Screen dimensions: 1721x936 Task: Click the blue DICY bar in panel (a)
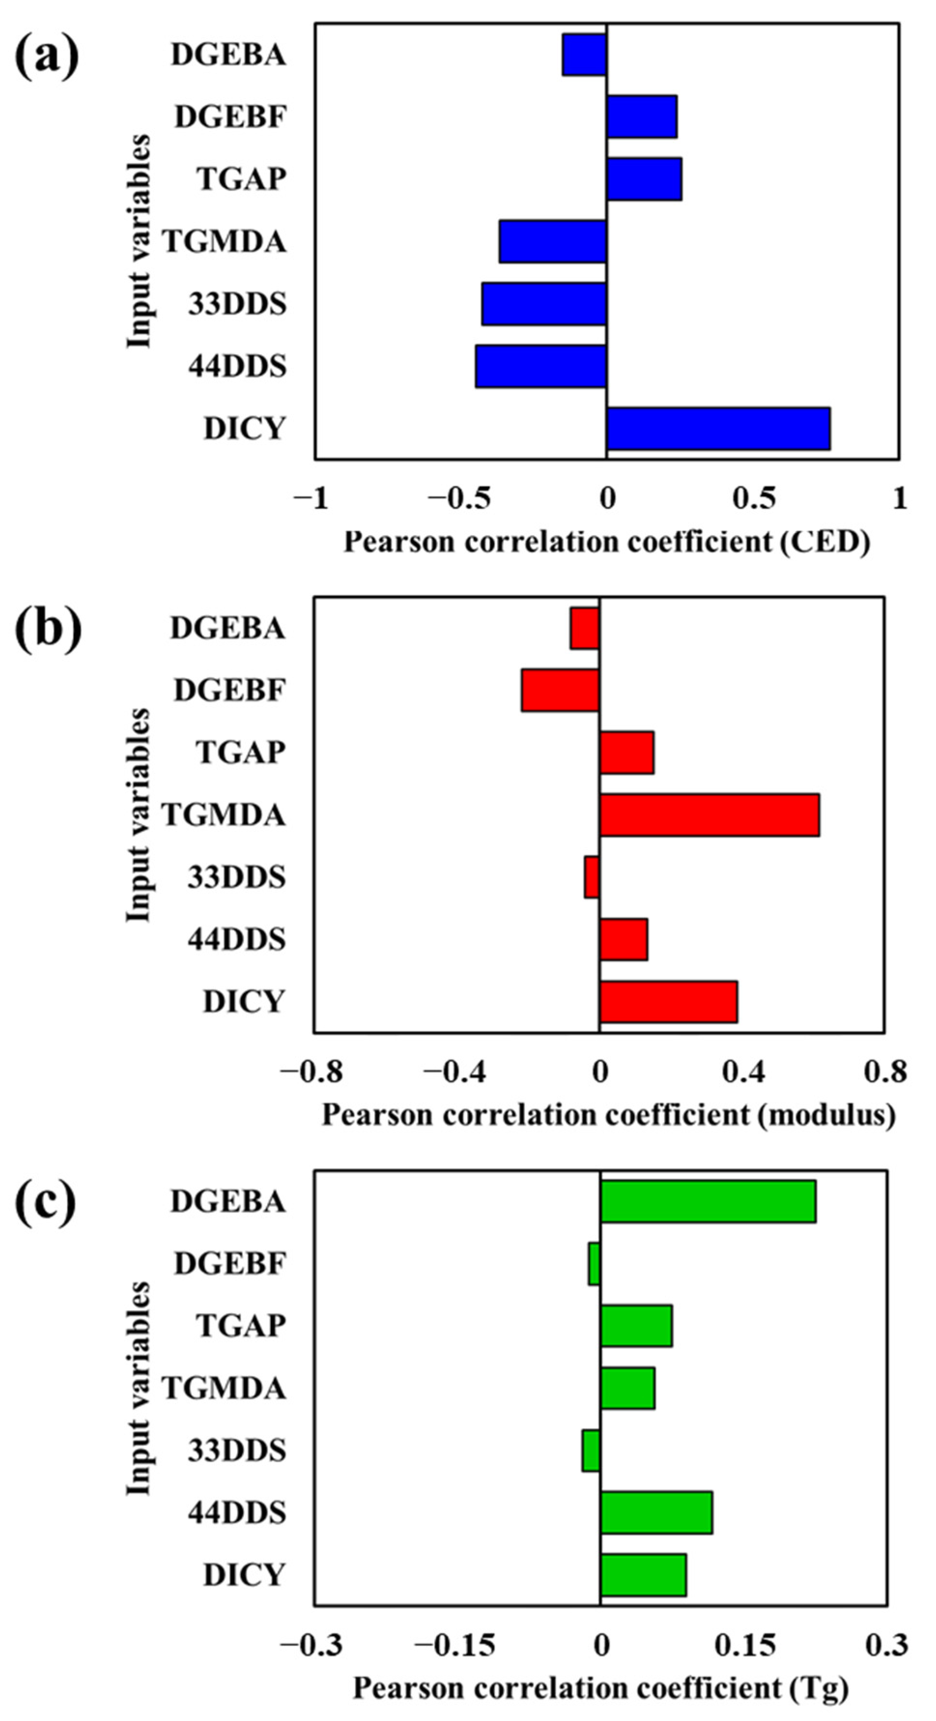click(718, 428)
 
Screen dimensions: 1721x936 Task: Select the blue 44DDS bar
click(541, 366)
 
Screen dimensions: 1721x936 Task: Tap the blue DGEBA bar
click(584, 55)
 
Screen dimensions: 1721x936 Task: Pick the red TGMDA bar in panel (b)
click(709, 815)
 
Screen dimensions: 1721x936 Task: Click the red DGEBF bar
click(560, 690)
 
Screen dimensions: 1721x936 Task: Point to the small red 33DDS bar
click(592, 877)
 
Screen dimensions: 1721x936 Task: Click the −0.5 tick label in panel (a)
click(459, 498)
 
